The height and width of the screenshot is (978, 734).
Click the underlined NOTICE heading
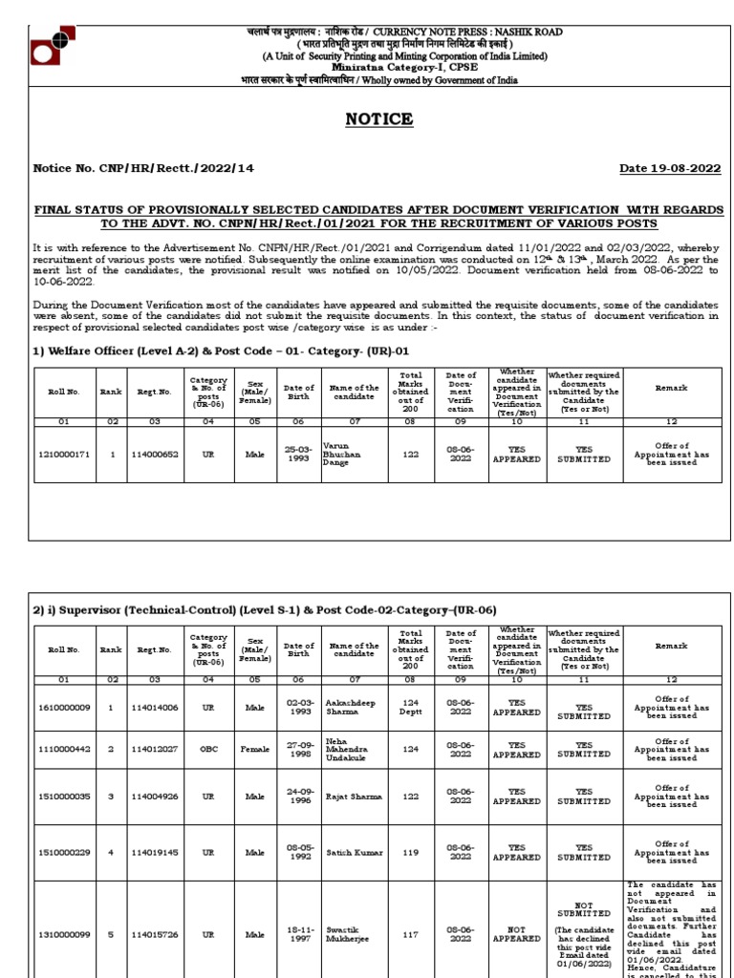click(379, 119)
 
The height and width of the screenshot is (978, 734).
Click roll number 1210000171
click(64, 455)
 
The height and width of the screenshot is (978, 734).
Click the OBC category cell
click(207, 750)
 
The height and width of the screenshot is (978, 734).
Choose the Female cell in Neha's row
click(255, 750)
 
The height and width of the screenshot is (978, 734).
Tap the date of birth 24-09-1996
click(299, 796)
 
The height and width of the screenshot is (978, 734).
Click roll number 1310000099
click(64, 934)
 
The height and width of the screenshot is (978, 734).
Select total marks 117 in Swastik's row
click(411, 934)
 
